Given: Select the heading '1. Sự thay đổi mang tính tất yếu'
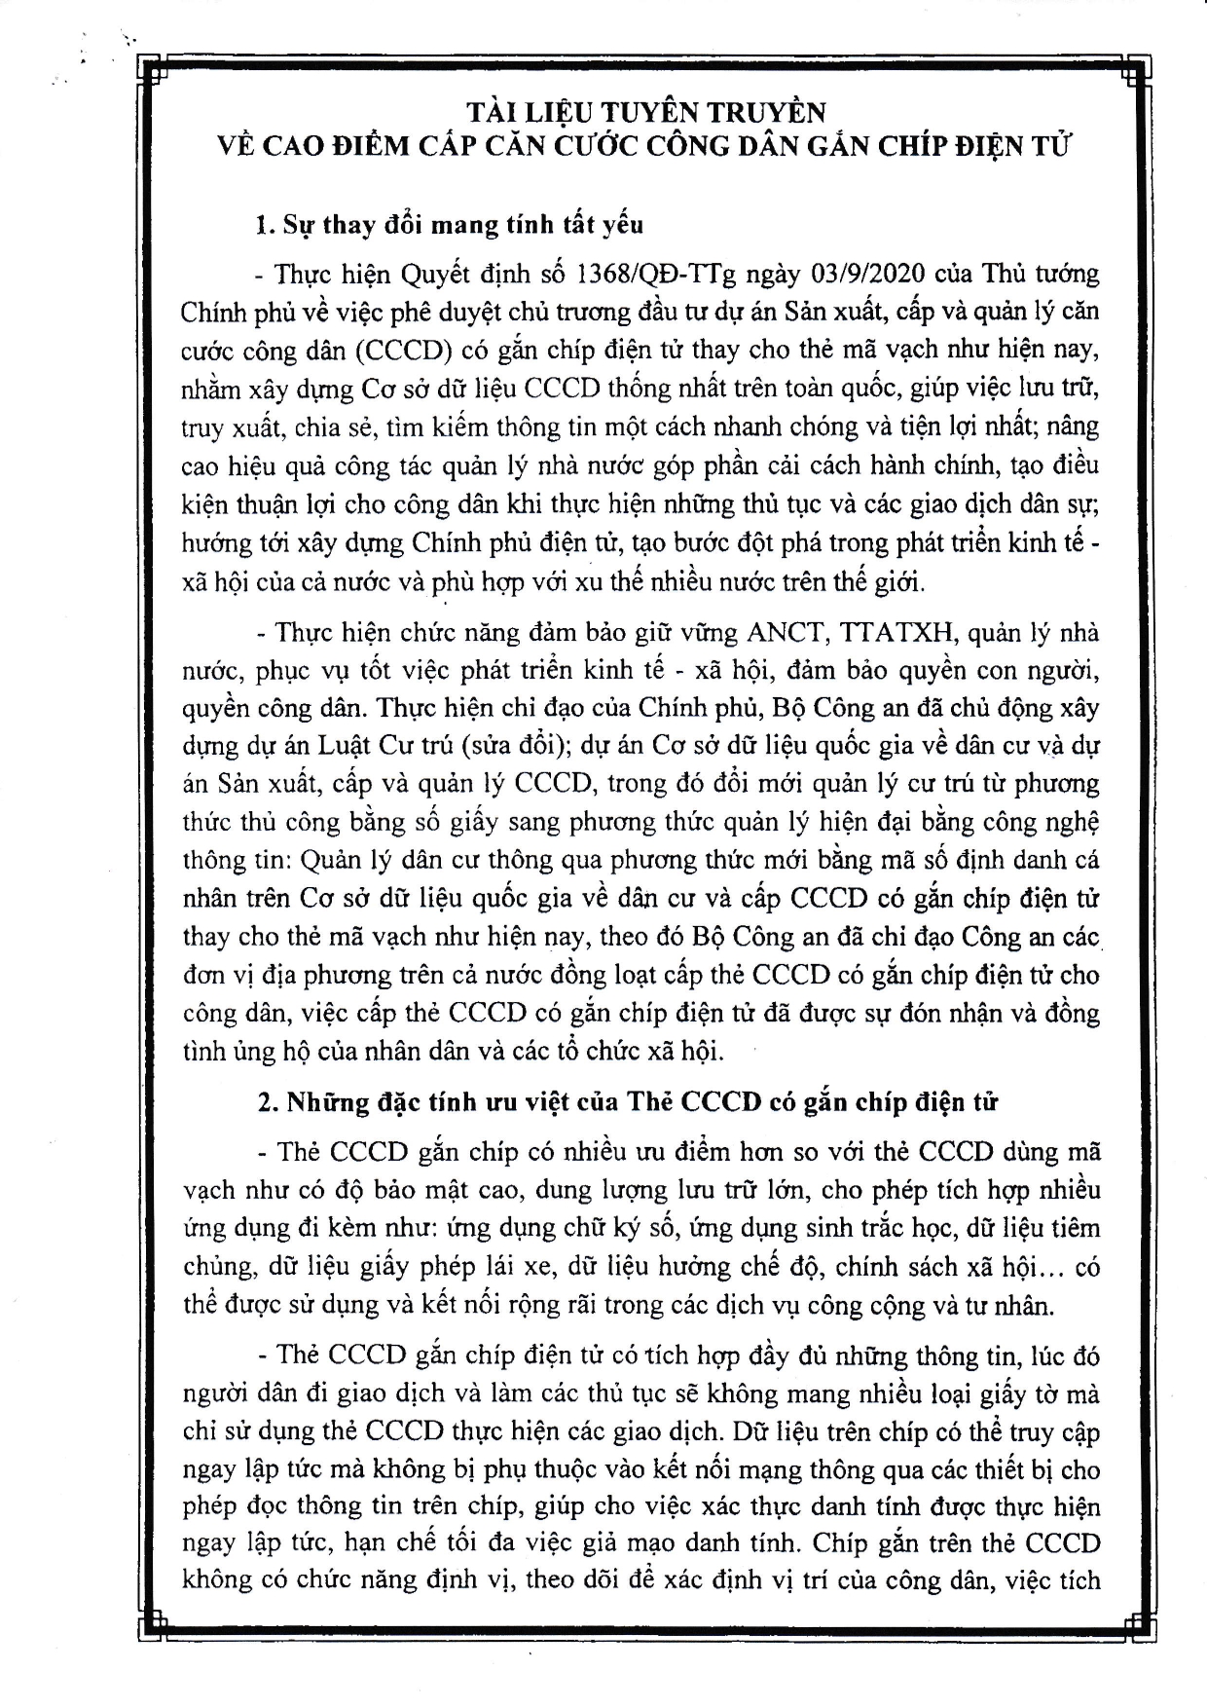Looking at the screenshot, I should point(449,224).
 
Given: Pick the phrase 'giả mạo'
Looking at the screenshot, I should point(655,1545).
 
